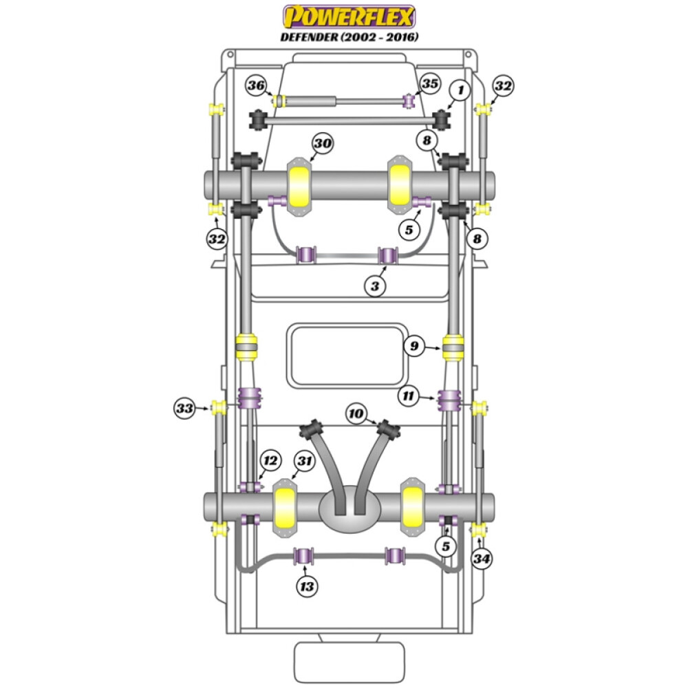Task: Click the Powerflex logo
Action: pyautogui.click(x=350, y=16)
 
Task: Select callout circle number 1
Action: pyautogui.click(x=460, y=89)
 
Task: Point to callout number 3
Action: pyautogui.click(x=375, y=286)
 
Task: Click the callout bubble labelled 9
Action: pyautogui.click(x=414, y=346)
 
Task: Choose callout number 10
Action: pyautogui.click(x=356, y=413)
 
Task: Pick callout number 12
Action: pyautogui.click(x=270, y=460)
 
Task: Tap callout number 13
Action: pyautogui.click(x=307, y=586)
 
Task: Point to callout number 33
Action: pyautogui.click(x=184, y=408)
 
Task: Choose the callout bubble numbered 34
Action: pyautogui.click(x=482, y=559)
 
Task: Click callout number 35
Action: pyautogui.click(x=429, y=84)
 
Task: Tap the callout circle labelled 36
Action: pyautogui.click(x=257, y=86)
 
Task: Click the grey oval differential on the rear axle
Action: pyautogui.click(x=350, y=508)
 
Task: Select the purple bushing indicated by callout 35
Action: pyautogui.click(x=409, y=101)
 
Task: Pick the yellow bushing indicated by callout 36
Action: pyautogui.click(x=280, y=101)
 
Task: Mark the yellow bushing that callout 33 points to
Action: pyautogui.click(x=219, y=408)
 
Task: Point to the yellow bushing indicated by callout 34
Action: pyautogui.click(x=477, y=530)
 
